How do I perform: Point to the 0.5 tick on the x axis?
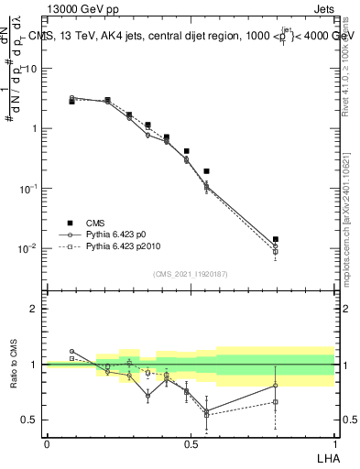tap(191, 444)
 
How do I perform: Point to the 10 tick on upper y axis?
tap(33, 69)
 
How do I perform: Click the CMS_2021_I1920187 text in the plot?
tap(191, 274)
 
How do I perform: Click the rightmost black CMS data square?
tap(276, 239)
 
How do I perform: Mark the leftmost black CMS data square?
tap(71, 102)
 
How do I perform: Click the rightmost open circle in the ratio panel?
tap(276, 385)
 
